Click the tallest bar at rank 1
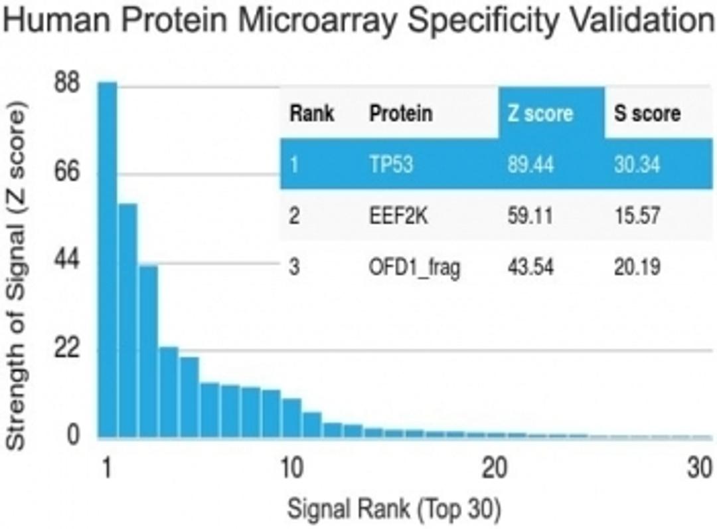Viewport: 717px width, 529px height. [x=108, y=259]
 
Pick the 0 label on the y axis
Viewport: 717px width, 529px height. [x=74, y=436]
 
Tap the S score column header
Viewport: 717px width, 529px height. [x=647, y=113]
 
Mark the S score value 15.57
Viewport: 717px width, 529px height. [x=637, y=216]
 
